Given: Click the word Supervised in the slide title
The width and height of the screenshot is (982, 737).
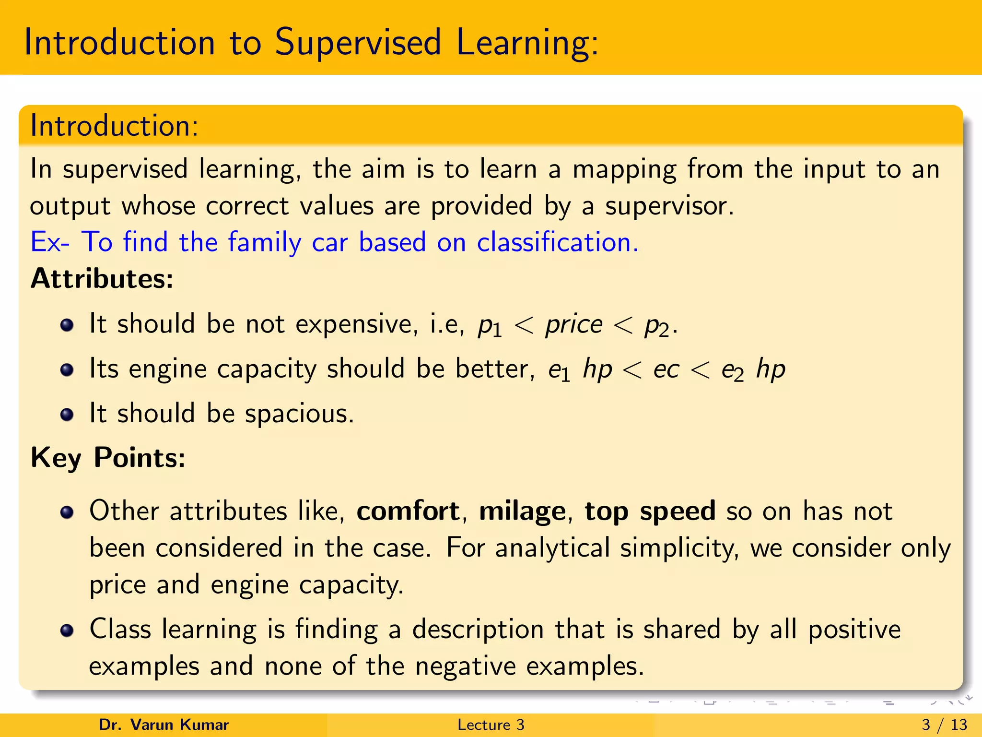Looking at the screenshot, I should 357,43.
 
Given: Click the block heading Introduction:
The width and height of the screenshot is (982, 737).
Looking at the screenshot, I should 114,126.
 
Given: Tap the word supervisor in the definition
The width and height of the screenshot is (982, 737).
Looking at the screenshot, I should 669,206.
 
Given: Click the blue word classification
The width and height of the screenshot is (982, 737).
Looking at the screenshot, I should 557,242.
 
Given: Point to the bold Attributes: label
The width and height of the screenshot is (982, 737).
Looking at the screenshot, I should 102,278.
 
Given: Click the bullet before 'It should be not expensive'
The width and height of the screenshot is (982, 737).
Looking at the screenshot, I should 67,325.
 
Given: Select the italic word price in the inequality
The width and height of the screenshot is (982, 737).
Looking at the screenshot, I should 573,325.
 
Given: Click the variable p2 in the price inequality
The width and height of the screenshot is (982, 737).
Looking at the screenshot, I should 656,327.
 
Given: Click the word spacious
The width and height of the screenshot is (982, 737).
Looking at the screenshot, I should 299,414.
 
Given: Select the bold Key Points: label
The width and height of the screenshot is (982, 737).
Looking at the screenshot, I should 108,457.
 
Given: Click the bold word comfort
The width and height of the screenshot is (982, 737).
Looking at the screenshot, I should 408,511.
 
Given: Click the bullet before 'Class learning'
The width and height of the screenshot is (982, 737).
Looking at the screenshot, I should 67,630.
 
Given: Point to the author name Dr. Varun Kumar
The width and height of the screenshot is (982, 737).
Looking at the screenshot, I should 164,725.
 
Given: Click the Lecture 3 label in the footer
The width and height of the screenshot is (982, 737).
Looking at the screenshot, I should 491,725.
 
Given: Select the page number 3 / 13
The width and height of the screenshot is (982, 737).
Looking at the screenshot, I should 944,725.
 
